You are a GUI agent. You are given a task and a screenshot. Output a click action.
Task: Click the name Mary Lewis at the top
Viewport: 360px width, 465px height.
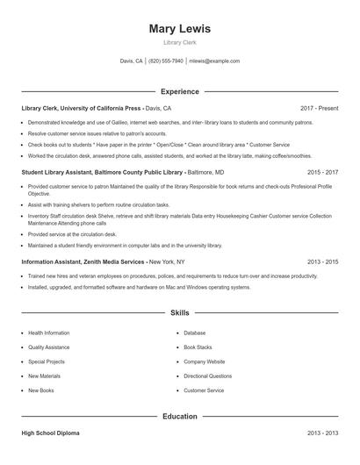pos(180,28)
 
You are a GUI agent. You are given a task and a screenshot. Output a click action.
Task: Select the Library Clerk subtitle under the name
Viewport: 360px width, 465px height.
pos(180,42)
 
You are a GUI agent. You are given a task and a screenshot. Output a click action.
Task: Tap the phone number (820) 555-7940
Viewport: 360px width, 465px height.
pos(166,61)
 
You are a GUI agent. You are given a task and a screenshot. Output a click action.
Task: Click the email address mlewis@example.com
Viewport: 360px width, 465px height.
pos(215,61)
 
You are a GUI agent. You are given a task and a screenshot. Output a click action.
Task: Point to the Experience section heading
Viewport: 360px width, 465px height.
pos(180,91)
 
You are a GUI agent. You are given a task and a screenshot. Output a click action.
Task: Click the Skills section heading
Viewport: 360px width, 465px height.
pos(180,312)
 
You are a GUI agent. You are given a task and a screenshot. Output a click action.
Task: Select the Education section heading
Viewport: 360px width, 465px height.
pos(180,417)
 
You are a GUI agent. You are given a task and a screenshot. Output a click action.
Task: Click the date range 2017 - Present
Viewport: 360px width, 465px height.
pos(319,108)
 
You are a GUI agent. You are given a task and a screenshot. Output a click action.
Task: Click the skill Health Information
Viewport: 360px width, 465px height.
pos(48,333)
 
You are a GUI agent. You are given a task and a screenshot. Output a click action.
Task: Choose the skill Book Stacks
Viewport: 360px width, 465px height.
pos(198,347)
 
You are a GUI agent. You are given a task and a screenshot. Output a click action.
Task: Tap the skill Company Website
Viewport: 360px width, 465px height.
pos(204,361)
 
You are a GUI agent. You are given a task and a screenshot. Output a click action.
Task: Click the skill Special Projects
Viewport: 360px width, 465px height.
pos(47,361)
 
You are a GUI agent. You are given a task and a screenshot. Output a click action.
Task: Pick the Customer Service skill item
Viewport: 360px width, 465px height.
pos(204,390)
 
